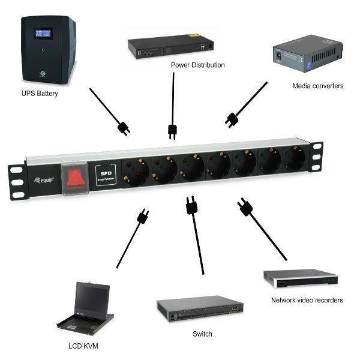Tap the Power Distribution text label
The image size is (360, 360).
197,65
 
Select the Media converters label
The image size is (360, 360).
317,86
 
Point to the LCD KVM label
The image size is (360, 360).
83,346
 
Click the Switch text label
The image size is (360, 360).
202,334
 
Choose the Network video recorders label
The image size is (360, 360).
307,299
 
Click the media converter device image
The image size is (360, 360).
307,56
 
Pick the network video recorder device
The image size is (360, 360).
301,278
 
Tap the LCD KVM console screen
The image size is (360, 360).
91,298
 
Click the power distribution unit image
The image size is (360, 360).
170,47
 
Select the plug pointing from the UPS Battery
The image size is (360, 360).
124,128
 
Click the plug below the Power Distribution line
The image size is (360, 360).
172,131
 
